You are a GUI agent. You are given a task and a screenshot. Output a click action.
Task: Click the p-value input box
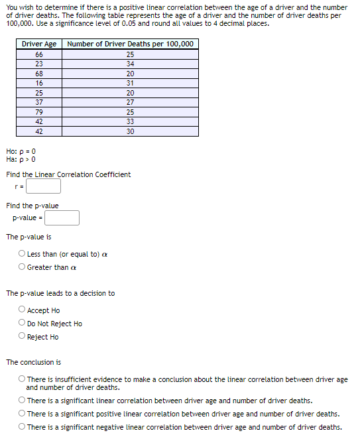point(62,218)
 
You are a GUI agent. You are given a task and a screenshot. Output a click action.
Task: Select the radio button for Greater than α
point(23,267)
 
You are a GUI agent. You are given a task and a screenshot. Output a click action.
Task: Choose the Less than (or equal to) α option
point(23,254)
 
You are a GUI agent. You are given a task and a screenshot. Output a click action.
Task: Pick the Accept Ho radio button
point(23,310)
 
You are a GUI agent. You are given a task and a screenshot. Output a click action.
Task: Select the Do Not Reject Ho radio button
point(23,324)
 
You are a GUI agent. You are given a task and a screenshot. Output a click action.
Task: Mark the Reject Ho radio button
point(23,337)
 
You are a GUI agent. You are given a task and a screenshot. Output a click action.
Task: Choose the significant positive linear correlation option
point(23,414)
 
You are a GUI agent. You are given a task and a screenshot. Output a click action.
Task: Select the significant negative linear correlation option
point(23,427)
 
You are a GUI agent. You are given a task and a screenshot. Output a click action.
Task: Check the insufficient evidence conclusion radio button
point(23,379)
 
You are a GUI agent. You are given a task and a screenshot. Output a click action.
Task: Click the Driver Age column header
point(39,44)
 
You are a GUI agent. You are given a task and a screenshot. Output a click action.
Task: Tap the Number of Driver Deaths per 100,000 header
point(130,44)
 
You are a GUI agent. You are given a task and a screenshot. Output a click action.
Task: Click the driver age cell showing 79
point(39,112)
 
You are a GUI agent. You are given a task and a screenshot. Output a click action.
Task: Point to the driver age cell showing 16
point(39,83)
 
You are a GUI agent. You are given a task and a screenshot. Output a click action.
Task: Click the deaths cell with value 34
point(130,64)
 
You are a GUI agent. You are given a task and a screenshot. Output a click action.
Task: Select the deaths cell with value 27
point(130,102)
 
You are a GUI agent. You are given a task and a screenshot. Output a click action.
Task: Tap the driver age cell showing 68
point(39,74)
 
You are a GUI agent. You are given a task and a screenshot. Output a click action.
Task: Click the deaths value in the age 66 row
point(130,54)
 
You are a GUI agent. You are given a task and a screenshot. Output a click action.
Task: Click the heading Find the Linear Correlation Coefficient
point(68,174)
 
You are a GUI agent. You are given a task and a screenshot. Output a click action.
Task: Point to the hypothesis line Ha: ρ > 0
point(21,159)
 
